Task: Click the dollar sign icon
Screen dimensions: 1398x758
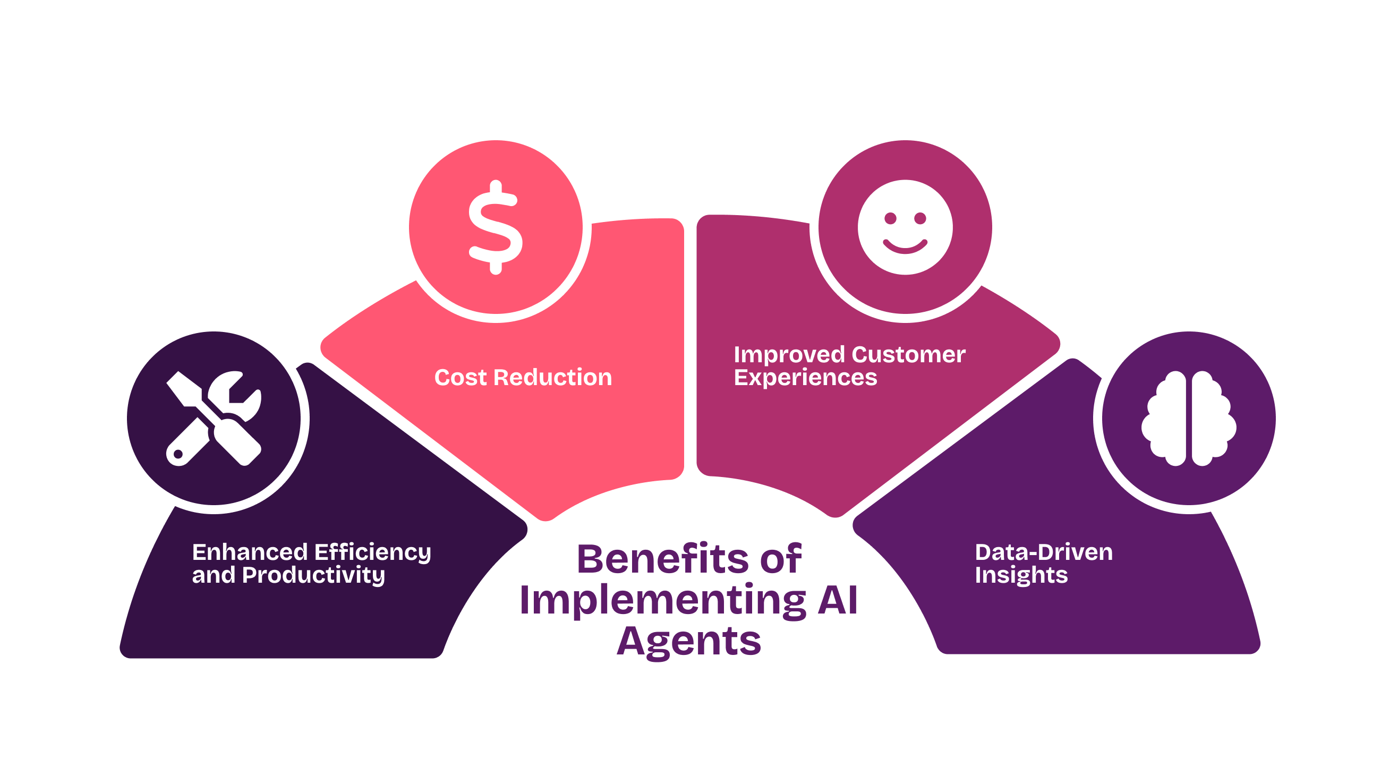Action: (x=496, y=227)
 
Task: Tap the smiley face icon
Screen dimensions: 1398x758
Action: (x=905, y=227)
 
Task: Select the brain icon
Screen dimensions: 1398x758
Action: (x=1189, y=419)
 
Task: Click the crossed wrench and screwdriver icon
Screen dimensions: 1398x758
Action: (x=214, y=419)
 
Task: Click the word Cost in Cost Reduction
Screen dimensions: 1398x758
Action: (x=460, y=378)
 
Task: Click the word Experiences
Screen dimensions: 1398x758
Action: (x=805, y=378)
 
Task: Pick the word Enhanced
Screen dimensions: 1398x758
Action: (x=250, y=552)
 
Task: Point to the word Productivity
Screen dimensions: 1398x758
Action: (x=313, y=576)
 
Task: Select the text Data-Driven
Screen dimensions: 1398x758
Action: (x=1043, y=552)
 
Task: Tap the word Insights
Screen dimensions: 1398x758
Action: (x=1021, y=576)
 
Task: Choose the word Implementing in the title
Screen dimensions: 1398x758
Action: (x=662, y=601)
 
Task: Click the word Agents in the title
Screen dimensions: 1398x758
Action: (x=689, y=642)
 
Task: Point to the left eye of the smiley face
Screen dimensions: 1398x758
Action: (x=890, y=218)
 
